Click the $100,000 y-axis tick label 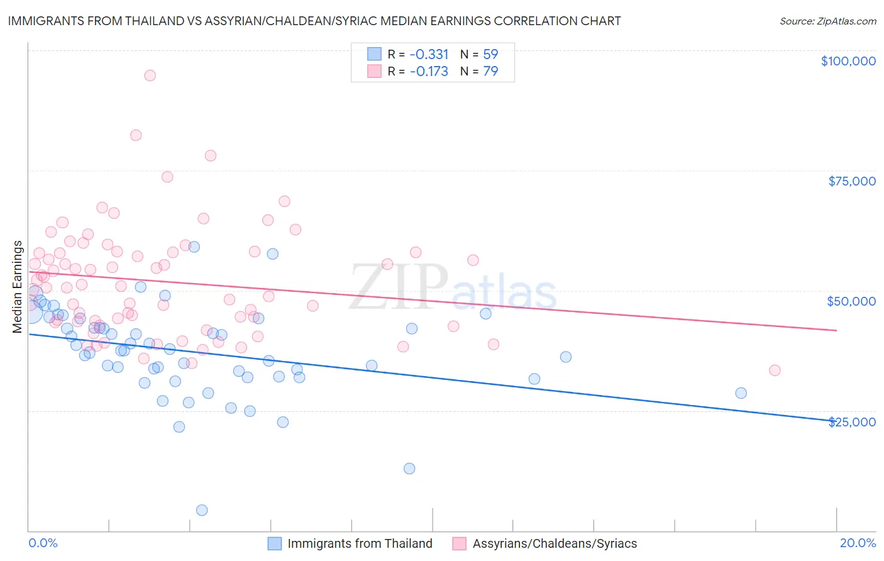(x=848, y=61)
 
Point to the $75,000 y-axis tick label (x=851, y=181)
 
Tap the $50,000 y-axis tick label (x=851, y=301)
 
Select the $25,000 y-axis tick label (x=851, y=421)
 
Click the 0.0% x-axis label (x=43, y=543)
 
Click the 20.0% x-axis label (x=858, y=543)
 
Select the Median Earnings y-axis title (x=18, y=287)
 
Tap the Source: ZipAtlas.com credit (x=827, y=21)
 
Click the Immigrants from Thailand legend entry (x=360, y=543)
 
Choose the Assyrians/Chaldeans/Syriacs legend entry (x=555, y=543)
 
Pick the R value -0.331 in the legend (x=429, y=54)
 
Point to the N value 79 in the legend (x=490, y=71)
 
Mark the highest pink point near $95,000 (x=150, y=75)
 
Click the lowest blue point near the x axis (x=202, y=510)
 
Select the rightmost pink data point (x=775, y=370)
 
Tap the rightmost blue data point (x=741, y=393)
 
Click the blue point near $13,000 (x=409, y=469)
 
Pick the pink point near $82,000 (x=136, y=135)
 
